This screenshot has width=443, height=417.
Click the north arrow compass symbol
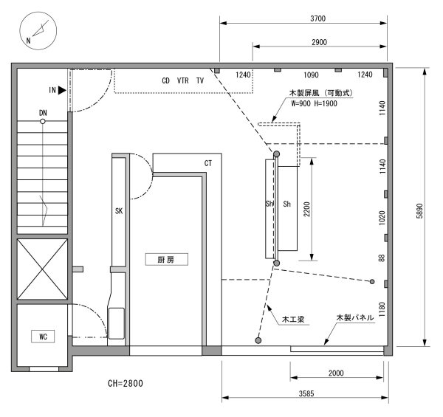(38, 31)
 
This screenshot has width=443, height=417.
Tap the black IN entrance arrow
(62, 90)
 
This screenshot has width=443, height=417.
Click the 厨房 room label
(167, 260)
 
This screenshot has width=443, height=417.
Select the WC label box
(43, 337)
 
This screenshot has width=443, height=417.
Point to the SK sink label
(119, 211)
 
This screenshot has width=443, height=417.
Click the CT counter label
(208, 163)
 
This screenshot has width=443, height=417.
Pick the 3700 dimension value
(317, 18)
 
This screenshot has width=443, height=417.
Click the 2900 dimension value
(319, 42)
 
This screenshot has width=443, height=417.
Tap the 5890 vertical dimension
(419, 210)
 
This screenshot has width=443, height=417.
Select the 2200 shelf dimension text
(307, 209)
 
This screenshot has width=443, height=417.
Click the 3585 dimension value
(306, 393)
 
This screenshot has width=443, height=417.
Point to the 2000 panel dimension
(336, 373)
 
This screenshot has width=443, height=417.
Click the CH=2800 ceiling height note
(126, 383)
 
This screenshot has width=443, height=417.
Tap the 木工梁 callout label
(293, 320)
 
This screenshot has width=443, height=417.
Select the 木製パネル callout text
(355, 317)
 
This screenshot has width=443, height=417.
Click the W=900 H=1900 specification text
(315, 103)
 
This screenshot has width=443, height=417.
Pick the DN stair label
(43, 113)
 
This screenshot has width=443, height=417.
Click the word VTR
(183, 80)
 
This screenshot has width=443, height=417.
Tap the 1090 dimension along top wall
(311, 75)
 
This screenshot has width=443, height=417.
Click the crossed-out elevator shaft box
(42, 269)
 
